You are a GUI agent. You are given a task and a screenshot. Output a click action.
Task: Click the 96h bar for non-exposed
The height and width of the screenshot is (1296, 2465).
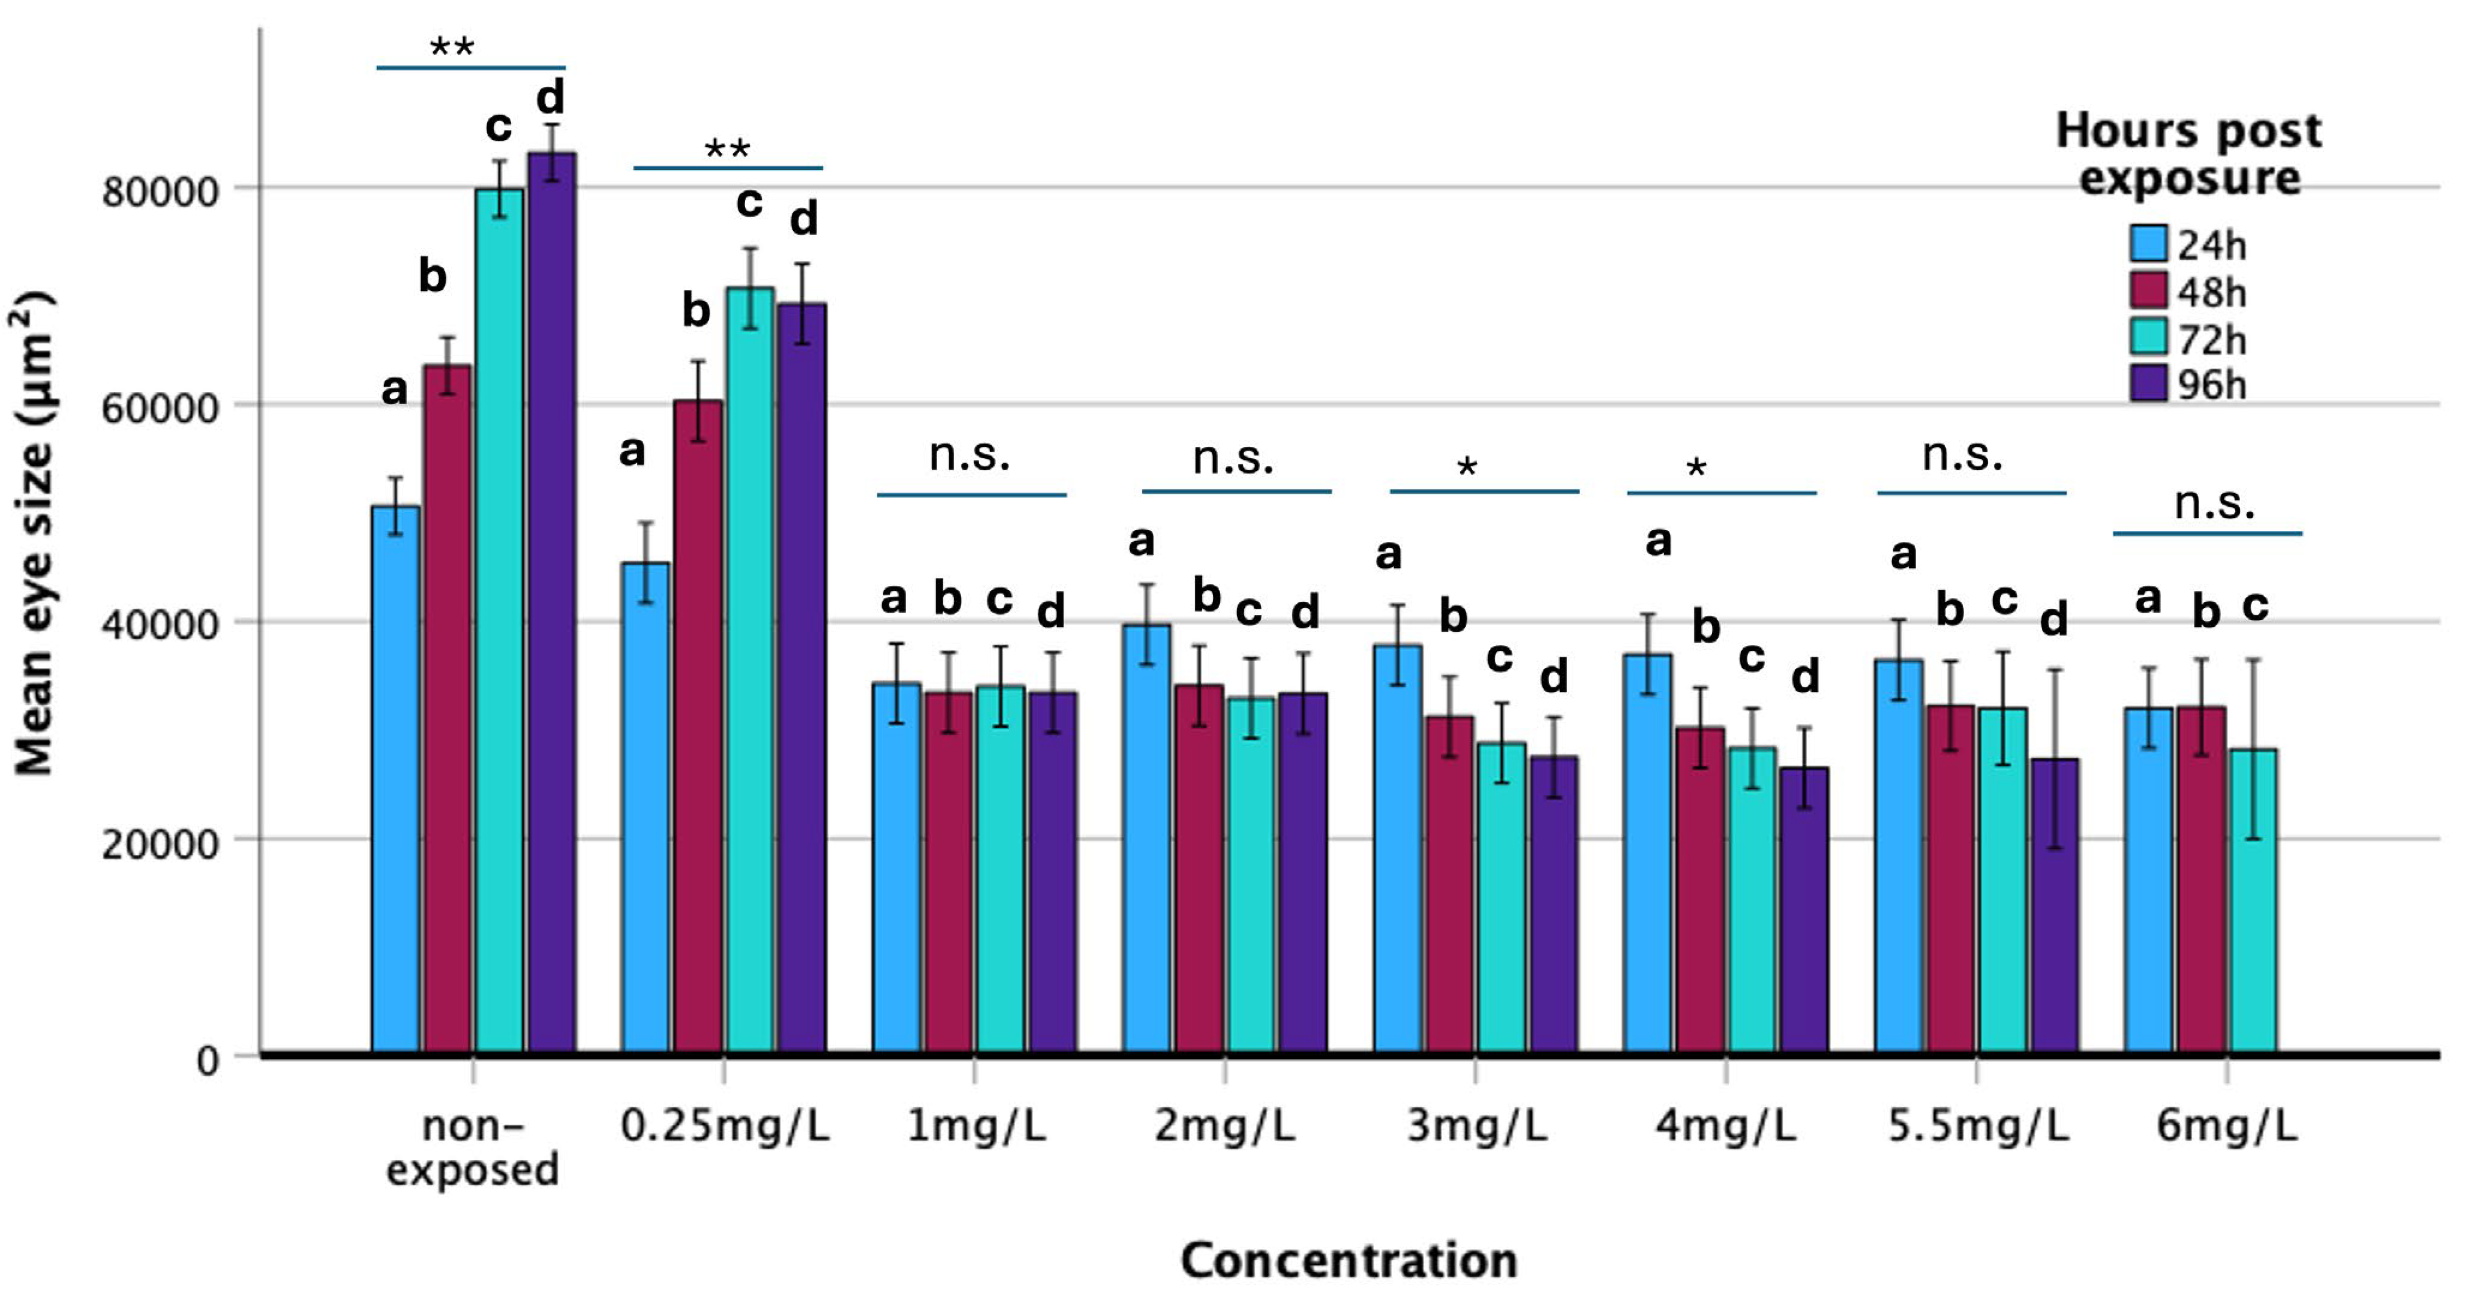(x=552, y=603)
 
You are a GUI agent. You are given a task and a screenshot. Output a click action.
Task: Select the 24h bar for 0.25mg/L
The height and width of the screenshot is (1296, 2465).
(x=646, y=809)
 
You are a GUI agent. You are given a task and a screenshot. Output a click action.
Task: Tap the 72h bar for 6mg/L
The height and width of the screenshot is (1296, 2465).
(x=2253, y=900)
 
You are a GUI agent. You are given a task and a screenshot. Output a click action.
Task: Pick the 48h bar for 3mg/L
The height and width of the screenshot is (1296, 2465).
(x=1450, y=886)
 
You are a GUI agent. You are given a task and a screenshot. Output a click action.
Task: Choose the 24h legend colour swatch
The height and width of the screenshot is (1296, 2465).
(x=2148, y=244)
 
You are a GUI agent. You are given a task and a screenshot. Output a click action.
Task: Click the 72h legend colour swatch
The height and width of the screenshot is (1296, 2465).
(x=2148, y=337)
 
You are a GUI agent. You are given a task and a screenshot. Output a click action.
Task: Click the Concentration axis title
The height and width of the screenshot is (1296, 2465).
(x=1349, y=1259)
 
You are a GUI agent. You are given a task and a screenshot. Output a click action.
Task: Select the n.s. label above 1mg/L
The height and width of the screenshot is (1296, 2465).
(x=969, y=455)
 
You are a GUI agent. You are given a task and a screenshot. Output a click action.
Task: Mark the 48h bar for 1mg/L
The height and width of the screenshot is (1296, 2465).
(x=948, y=871)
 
